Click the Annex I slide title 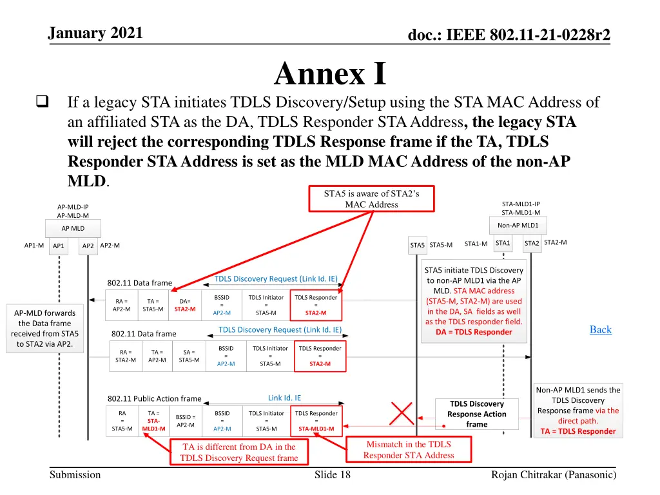tap(329, 73)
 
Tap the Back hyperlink tap(600, 329)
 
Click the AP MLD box tap(73, 228)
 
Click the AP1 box tap(59, 246)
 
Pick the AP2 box tap(88, 246)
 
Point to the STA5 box tap(417, 245)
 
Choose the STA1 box tap(503, 243)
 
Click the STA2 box tap(532, 243)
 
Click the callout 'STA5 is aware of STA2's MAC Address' tap(371, 199)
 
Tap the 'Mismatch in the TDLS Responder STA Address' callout tap(408, 449)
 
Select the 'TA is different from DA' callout tap(238, 452)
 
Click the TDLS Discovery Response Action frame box tap(477, 414)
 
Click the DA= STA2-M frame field tap(185, 305)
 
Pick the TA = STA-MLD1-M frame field tap(153, 420)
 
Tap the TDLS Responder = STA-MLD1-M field tap(316, 420)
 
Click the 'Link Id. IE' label tap(284, 398)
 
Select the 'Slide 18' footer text tap(333, 475)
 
